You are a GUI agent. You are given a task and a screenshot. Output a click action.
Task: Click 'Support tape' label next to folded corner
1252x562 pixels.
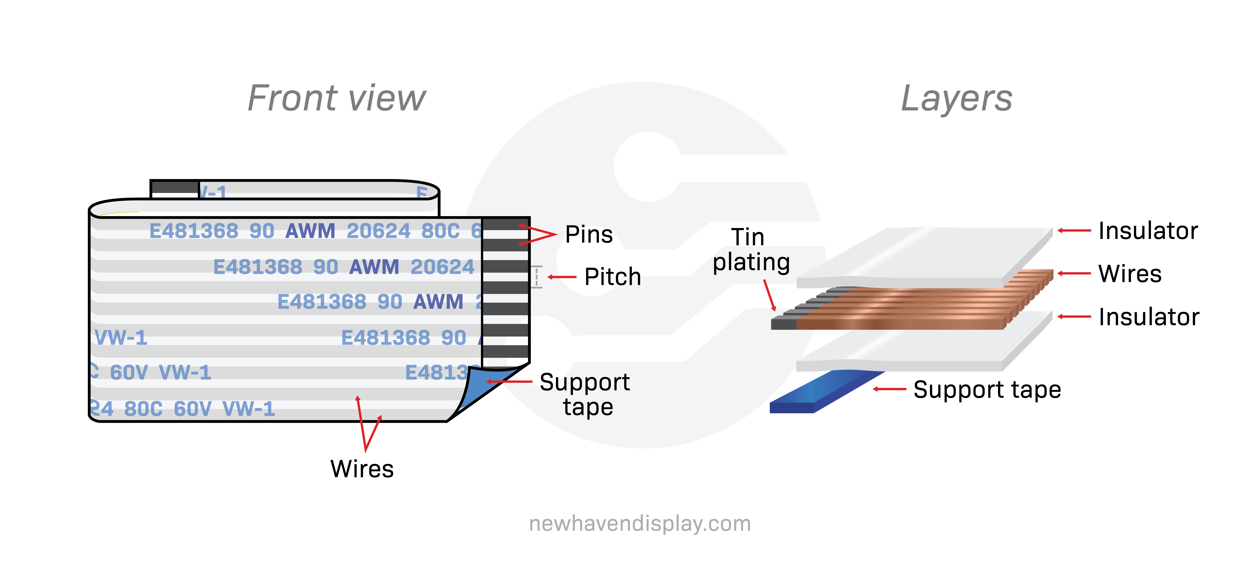585,394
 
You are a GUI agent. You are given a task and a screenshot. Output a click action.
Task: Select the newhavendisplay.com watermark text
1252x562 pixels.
640,524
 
